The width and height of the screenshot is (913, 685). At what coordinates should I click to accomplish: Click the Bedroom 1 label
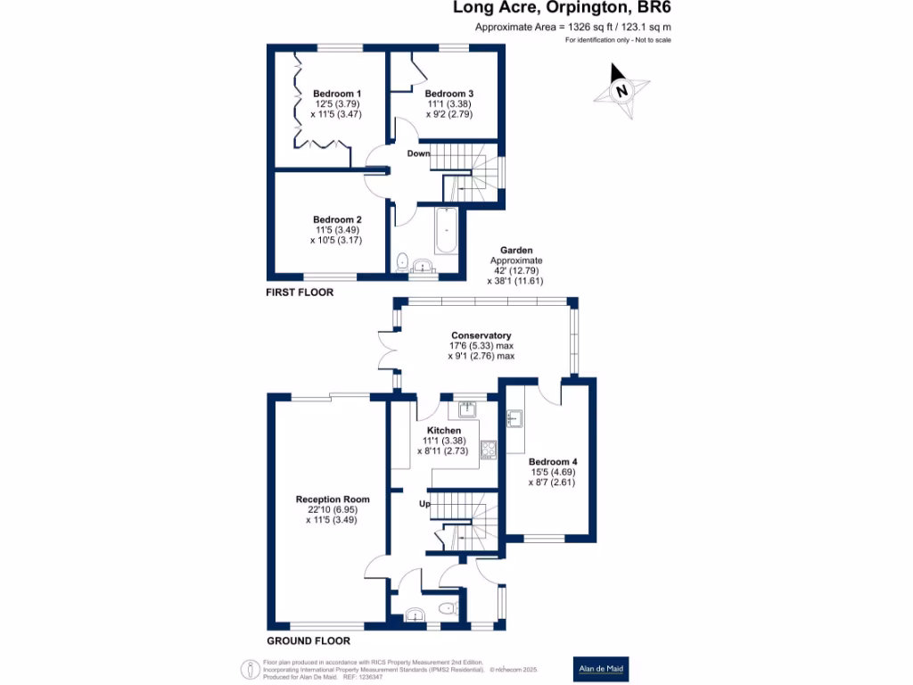(x=336, y=94)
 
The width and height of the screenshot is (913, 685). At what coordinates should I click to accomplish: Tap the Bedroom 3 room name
(x=448, y=94)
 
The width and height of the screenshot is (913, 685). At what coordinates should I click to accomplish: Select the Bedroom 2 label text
(x=336, y=219)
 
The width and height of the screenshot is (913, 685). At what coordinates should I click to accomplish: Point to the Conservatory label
(x=481, y=335)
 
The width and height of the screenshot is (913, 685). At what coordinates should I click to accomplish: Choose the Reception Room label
(x=332, y=499)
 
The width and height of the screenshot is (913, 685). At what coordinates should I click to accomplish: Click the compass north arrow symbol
(x=621, y=90)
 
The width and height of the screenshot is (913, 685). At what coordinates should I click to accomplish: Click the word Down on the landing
(x=419, y=153)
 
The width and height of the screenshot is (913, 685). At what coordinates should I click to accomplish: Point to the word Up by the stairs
(x=425, y=505)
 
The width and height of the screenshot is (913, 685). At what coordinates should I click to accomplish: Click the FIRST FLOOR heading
(x=299, y=293)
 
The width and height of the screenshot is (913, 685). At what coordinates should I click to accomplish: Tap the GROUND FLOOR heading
(x=308, y=640)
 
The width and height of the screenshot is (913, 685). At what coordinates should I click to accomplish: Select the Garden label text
(x=515, y=251)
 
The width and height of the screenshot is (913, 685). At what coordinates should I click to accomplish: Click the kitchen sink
(x=468, y=409)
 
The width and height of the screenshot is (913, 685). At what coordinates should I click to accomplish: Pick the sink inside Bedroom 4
(x=514, y=417)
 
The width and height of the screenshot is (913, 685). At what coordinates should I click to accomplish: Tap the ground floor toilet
(x=448, y=609)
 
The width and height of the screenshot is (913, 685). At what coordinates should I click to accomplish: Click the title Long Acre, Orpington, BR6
(x=562, y=8)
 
